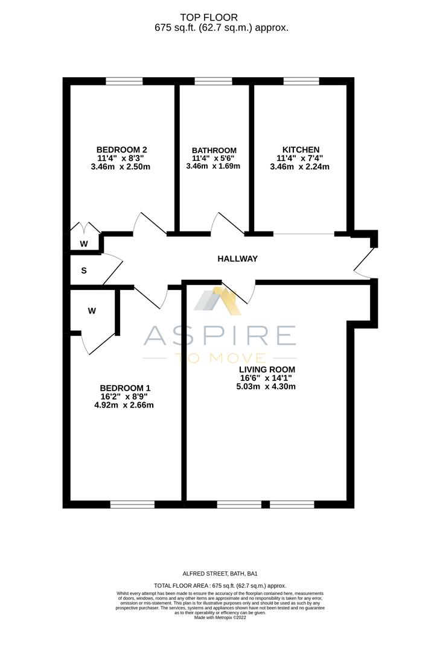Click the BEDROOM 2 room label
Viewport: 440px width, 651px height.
[121, 149]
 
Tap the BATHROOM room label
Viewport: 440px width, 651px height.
[214, 150]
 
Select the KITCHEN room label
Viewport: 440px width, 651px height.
[301, 149]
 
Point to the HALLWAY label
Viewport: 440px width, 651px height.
[237, 259]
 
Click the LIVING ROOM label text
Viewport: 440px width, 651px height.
[267, 370]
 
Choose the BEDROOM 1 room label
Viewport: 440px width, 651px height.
[125, 388]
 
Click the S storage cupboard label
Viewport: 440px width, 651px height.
[84, 271]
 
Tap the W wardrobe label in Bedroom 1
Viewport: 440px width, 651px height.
[92, 311]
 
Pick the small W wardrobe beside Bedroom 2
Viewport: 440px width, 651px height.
[84, 244]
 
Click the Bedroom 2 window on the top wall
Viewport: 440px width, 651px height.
[124, 81]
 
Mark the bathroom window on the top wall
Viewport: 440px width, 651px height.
[213, 81]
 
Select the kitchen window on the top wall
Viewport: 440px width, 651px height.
[301, 81]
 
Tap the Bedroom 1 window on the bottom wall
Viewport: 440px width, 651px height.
[132, 504]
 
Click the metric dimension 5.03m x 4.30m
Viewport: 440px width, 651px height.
[267, 387]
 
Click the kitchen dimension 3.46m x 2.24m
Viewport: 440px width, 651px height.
[301, 167]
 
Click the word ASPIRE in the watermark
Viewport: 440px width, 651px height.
[220, 336]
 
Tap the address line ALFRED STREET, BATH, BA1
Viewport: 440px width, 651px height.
[220, 574]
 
